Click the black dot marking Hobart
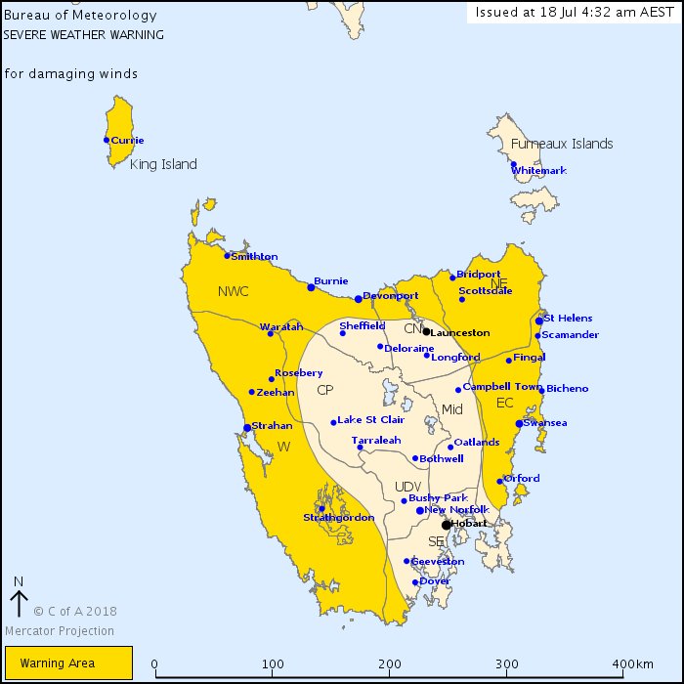tap(446, 525)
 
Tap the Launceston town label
tap(460, 333)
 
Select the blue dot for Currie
tap(107, 140)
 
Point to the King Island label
tap(163, 164)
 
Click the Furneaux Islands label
tap(562, 144)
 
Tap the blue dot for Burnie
tap(311, 287)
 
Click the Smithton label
tap(254, 257)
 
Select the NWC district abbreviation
tap(234, 291)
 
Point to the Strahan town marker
tap(246, 427)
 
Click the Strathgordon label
tap(338, 518)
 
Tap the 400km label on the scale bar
tap(634, 664)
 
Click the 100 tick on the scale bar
tap(274, 664)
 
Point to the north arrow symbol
tap(18, 596)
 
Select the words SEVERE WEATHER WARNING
tap(84, 34)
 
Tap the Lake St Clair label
tap(370, 420)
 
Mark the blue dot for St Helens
tap(539, 321)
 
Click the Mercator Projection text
tap(61, 630)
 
